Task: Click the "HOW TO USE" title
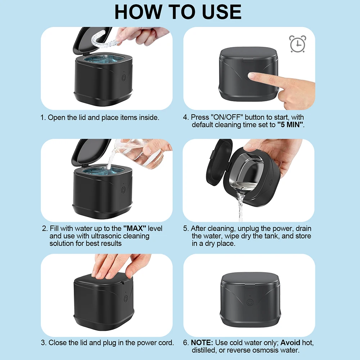pos(178,12)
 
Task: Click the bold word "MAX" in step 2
pos(132,229)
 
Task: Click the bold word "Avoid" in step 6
pos(291,342)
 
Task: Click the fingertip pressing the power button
pos(253,76)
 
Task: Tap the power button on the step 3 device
pos(125,298)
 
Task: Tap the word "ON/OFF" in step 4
pos(226,117)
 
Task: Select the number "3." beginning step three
pos(44,342)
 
